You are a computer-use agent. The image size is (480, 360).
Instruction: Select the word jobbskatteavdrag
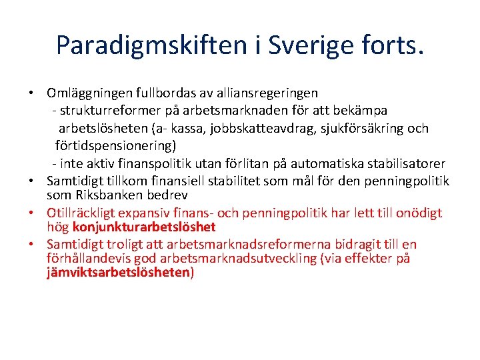coord(239,128)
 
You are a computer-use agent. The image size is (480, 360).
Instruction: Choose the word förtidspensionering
coord(114,145)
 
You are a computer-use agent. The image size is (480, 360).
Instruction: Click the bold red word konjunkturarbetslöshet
coord(149,227)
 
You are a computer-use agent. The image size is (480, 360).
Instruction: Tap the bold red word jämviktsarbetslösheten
coord(119,273)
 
